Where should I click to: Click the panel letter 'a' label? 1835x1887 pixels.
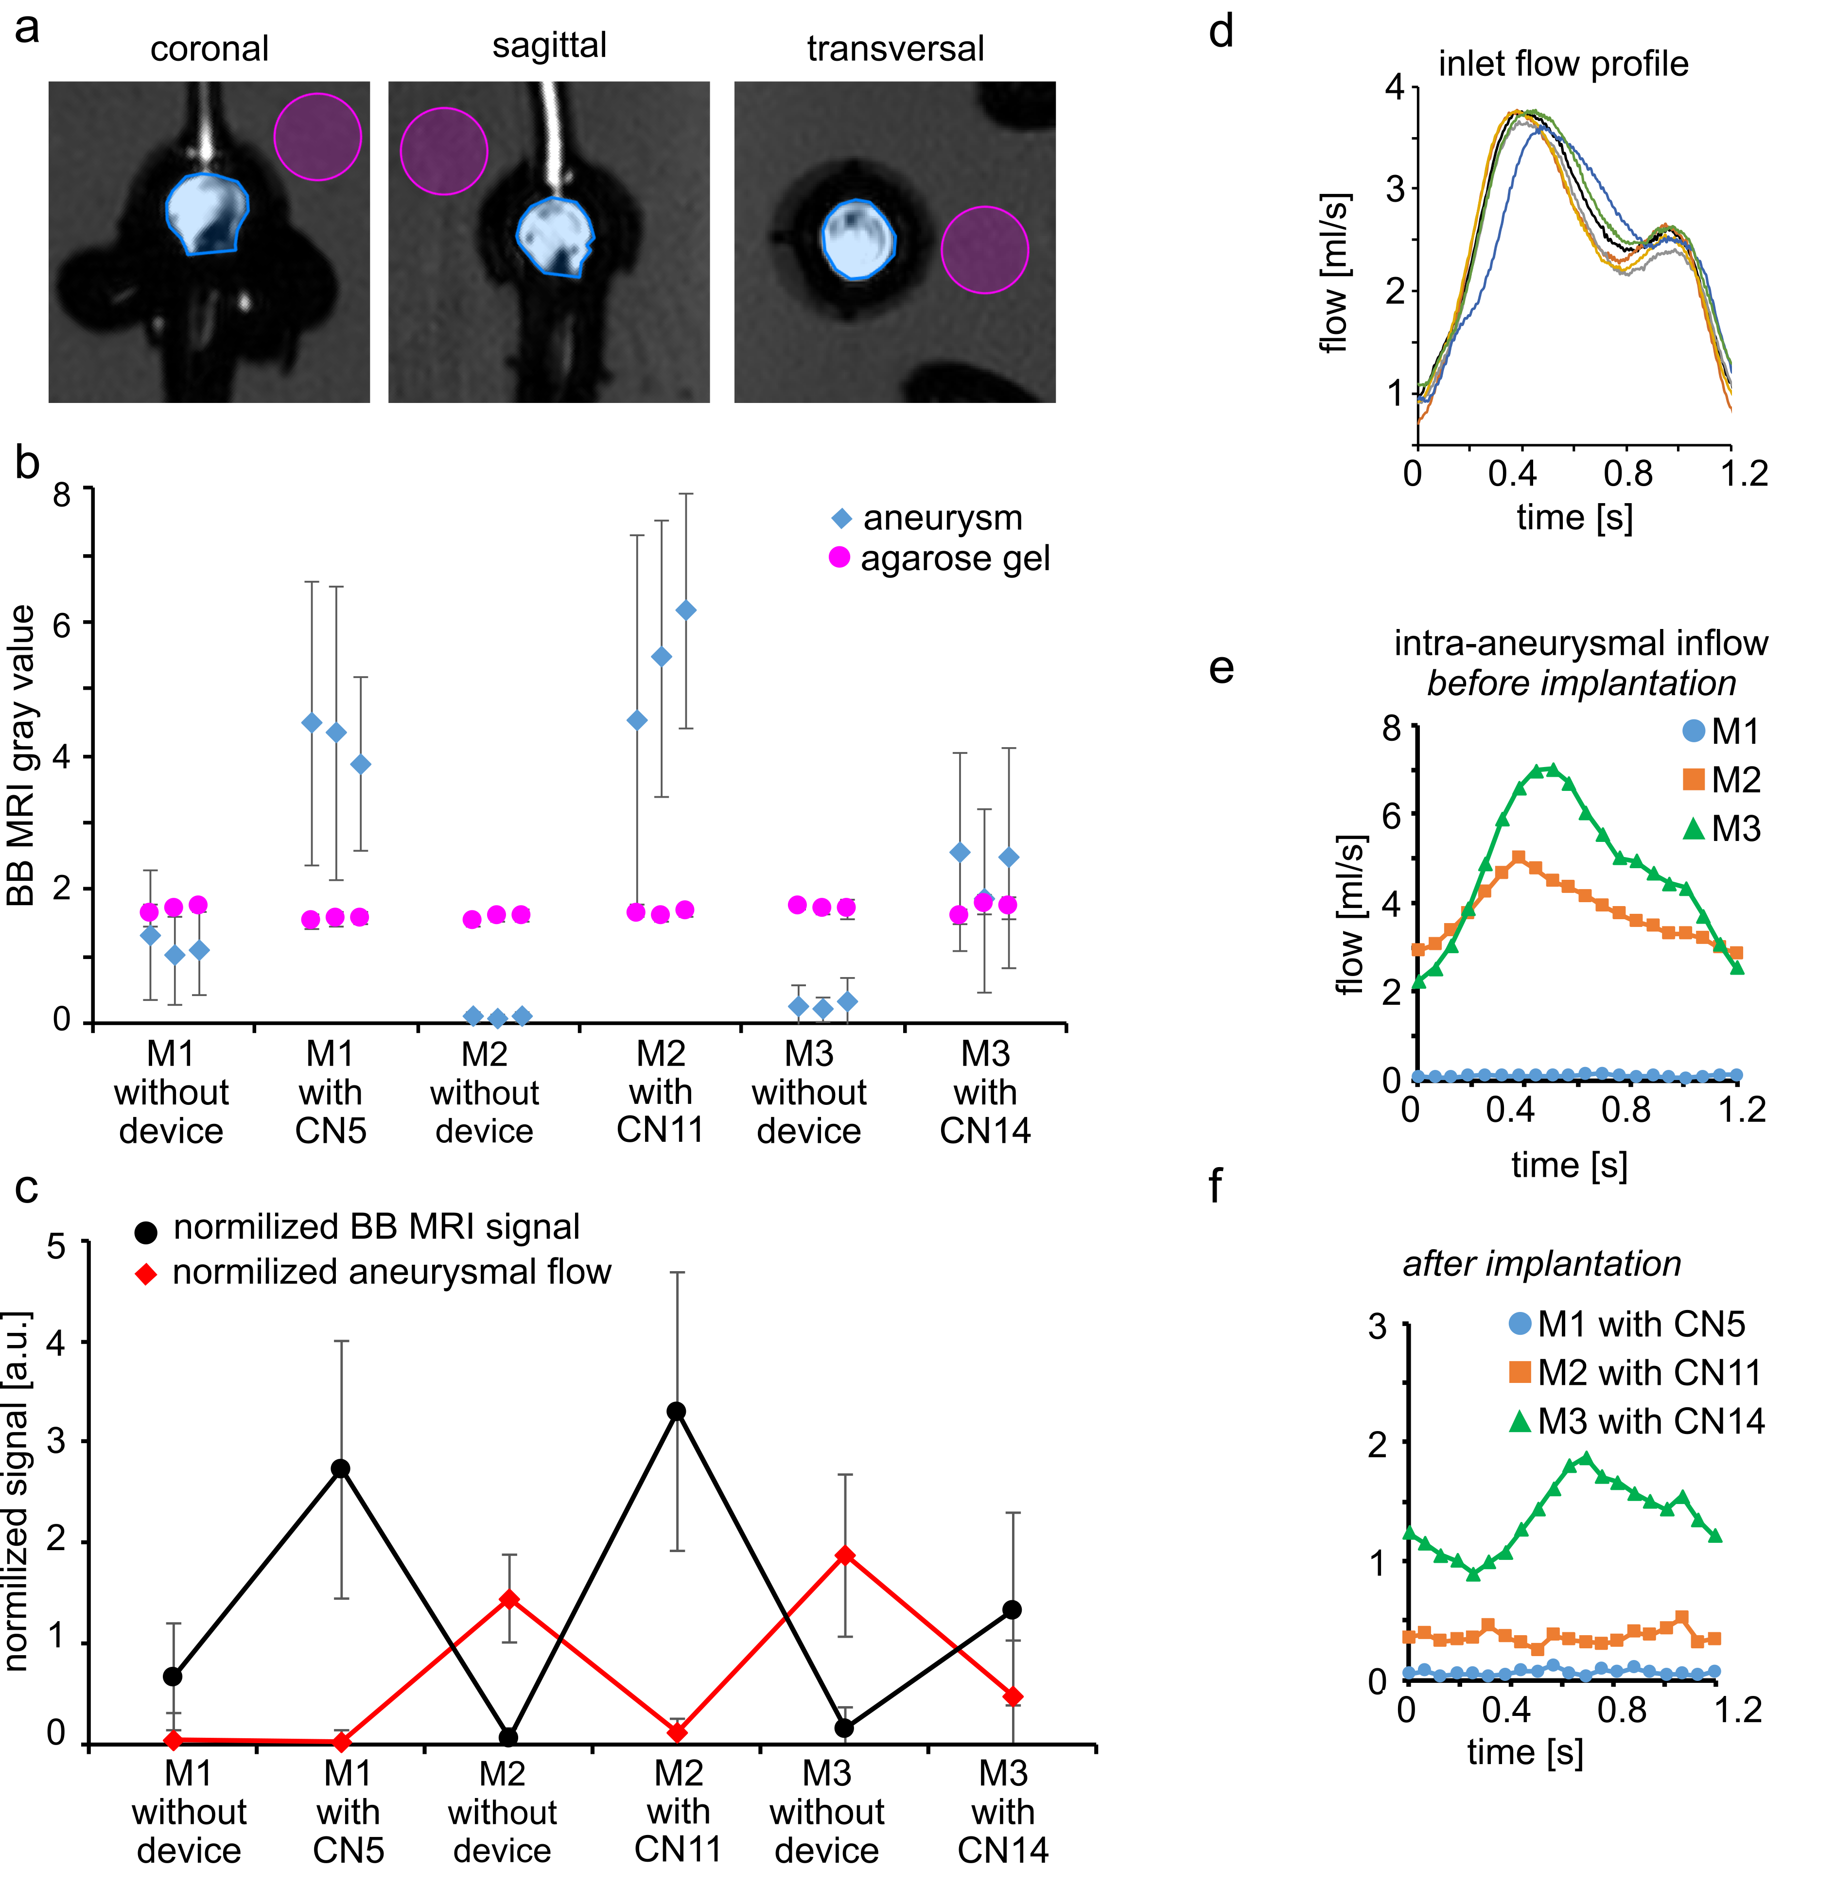[x=27, y=29]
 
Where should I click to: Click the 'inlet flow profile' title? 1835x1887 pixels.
[x=1563, y=64]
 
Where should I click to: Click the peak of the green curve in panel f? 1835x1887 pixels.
[x=1585, y=1459]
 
